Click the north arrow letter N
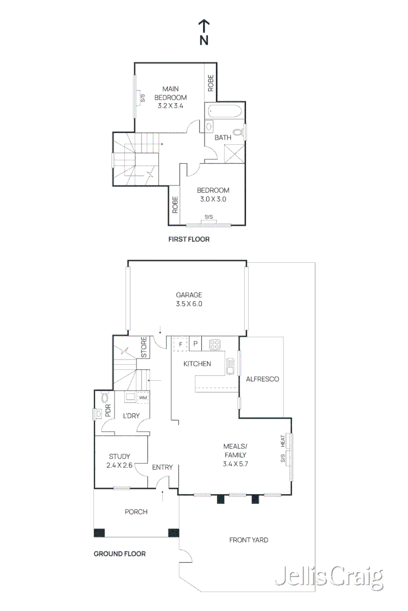pos(204,40)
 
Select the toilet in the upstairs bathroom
pos(238,132)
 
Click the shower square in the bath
pos(234,154)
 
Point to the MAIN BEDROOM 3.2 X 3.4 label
pos(170,97)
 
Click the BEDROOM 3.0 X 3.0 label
pos(213,195)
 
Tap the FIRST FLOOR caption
pos(189,239)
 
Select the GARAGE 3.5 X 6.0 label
pos(189,299)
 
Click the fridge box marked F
pos(181,344)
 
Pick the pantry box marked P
pos(195,344)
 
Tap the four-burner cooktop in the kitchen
pos(215,345)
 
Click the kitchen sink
pos(230,366)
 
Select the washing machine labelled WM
pos(143,398)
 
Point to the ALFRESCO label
pos(262,379)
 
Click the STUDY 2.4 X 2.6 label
pos(119,460)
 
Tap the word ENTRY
pos(162,467)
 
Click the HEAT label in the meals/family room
pos(283,441)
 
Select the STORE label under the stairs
pos(144,347)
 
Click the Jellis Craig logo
pos(329,577)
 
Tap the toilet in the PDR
pos(104,398)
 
